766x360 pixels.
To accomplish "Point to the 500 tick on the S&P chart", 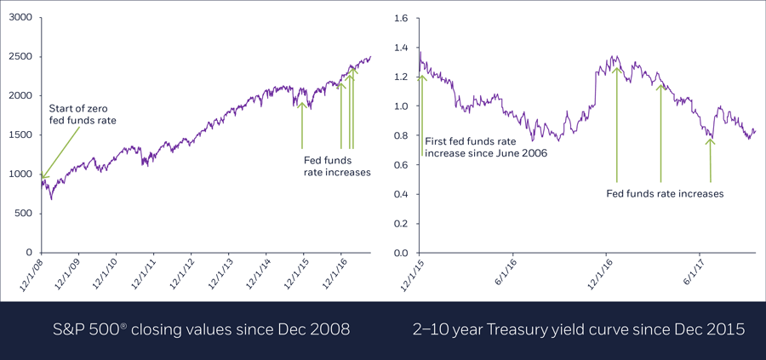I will coord(24,214).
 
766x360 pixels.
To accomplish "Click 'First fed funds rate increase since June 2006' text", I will coord(484,147).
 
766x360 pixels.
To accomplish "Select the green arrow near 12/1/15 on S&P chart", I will coord(302,125).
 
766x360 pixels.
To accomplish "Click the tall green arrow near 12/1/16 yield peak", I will coord(616,123).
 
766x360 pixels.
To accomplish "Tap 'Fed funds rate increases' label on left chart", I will coord(337,165).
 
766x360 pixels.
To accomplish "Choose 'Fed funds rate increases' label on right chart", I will coord(664,194).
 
